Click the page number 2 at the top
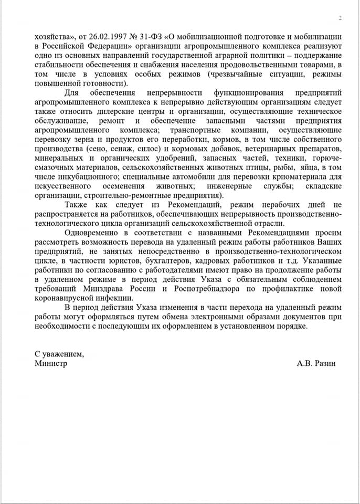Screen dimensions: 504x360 [340, 18]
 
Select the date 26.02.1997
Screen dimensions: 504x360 [99, 38]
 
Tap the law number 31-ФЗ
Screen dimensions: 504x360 [152, 38]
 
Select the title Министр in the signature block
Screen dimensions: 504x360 [51, 363]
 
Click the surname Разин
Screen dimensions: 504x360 [324, 363]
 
